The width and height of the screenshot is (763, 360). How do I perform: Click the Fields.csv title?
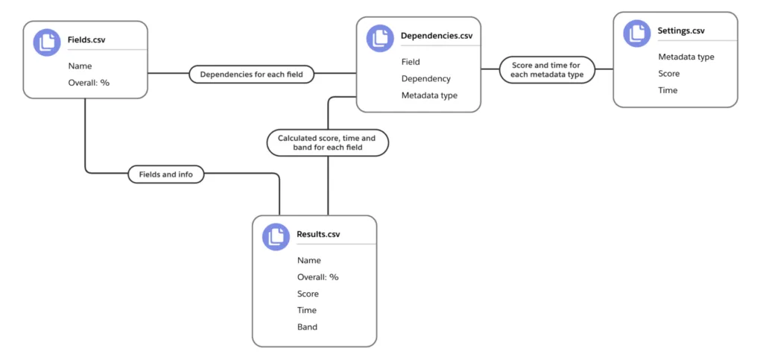(x=86, y=40)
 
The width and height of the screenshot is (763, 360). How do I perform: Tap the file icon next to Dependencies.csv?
(x=380, y=38)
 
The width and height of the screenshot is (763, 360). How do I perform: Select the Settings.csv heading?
(x=681, y=31)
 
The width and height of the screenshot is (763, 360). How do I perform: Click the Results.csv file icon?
(x=276, y=236)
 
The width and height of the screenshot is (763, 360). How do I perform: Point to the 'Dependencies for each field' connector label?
(x=252, y=75)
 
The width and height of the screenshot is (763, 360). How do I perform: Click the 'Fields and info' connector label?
(x=166, y=174)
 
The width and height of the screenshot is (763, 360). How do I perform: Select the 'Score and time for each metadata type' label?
(x=548, y=69)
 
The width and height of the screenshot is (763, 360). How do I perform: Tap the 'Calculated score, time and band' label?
(x=328, y=142)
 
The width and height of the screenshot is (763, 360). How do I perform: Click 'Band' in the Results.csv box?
(x=307, y=327)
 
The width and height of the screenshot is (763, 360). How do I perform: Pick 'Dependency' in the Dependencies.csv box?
(x=425, y=78)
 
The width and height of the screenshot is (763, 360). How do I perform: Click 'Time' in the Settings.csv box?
(x=668, y=90)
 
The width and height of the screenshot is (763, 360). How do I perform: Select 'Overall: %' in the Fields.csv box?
(x=89, y=83)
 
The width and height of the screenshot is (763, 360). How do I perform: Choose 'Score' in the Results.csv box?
(x=308, y=294)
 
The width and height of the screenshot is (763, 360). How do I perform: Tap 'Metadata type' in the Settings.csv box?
(x=686, y=57)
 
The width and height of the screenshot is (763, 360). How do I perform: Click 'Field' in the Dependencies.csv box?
(x=411, y=62)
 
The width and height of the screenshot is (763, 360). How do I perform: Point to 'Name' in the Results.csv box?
(x=309, y=261)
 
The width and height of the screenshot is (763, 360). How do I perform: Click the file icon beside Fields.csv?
(x=47, y=42)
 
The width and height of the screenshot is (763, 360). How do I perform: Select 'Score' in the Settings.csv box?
(x=669, y=74)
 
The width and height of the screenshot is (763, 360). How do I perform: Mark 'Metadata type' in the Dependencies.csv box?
(x=429, y=95)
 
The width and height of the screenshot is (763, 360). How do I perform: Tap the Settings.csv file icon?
(x=637, y=34)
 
